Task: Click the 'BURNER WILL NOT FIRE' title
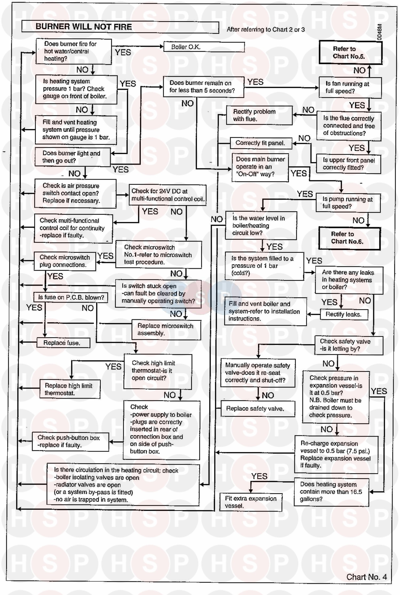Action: [x=84, y=27]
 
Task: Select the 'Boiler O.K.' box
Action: [x=204, y=47]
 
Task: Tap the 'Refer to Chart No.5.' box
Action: [x=350, y=52]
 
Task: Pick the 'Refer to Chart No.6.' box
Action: [x=349, y=238]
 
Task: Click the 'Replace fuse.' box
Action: [x=63, y=343]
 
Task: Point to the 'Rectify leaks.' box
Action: [x=344, y=314]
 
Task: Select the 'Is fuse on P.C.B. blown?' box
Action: [x=71, y=297]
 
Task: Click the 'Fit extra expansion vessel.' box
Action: [x=251, y=502]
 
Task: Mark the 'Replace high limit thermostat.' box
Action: [x=70, y=389]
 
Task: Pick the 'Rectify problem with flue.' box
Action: [x=259, y=115]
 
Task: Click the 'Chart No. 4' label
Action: [x=366, y=577]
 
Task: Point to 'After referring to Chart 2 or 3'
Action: [x=266, y=30]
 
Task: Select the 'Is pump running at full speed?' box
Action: [x=348, y=203]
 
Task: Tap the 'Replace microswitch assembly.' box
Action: [x=166, y=329]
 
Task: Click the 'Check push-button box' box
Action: [x=70, y=441]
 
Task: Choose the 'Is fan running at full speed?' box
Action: [x=350, y=87]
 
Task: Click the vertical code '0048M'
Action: [x=380, y=32]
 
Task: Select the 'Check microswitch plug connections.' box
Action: [x=65, y=261]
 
